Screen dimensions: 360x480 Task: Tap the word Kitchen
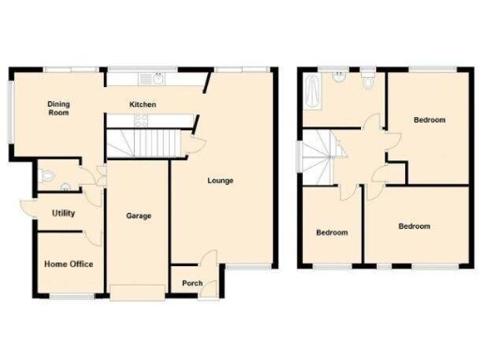point(142,104)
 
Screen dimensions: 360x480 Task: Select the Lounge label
point(221,181)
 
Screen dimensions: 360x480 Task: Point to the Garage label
point(139,217)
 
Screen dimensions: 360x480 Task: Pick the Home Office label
point(68,264)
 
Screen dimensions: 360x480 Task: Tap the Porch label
point(192,283)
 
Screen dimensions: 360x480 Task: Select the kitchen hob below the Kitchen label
point(141,120)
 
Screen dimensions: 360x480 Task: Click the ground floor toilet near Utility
point(49,175)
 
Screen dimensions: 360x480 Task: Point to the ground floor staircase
point(141,142)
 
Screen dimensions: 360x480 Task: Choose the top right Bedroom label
point(429,120)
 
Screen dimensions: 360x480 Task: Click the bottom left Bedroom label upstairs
point(331,232)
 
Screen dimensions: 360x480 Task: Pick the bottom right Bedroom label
point(413,226)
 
